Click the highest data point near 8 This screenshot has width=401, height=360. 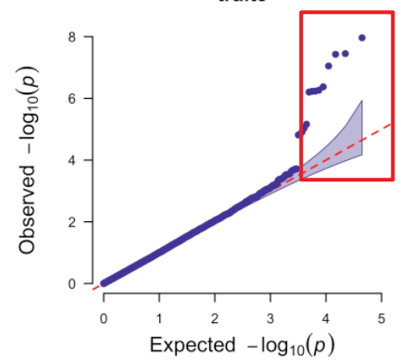pos(362,38)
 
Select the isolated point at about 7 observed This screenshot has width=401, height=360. pos(328,66)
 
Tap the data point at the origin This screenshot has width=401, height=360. pos(104,283)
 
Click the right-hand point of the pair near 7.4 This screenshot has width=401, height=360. pos(345,53)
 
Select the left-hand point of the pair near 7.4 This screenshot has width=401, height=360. pos(335,54)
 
